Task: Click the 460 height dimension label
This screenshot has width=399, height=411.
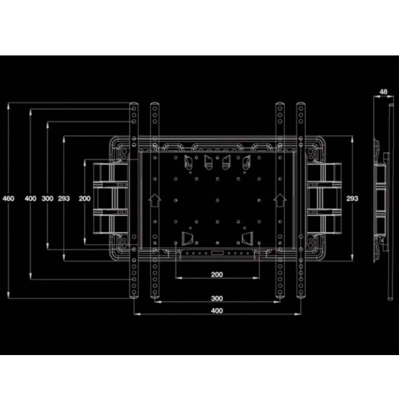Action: click(x=8, y=198)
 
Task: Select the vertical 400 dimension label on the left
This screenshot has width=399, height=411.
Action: click(x=30, y=198)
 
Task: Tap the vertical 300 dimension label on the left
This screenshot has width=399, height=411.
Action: click(x=47, y=198)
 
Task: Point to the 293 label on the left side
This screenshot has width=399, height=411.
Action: click(x=64, y=198)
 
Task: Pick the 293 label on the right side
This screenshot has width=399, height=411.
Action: click(x=352, y=198)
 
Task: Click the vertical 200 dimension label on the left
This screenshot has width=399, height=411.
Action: click(x=85, y=198)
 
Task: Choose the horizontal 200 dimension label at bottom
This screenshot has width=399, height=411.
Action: click(x=217, y=275)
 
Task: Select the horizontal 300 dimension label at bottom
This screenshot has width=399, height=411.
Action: click(x=217, y=298)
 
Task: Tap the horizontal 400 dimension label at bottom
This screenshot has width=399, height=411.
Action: click(x=217, y=311)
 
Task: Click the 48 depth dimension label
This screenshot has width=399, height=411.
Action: click(x=384, y=92)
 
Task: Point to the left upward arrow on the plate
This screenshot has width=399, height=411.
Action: click(x=155, y=200)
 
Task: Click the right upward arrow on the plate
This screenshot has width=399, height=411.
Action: click(x=280, y=200)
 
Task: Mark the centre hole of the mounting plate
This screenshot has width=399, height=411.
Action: click(x=217, y=200)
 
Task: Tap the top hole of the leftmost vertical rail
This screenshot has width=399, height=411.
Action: click(x=134, y=108)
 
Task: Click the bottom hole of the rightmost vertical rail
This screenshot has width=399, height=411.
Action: click(x=301, y=292)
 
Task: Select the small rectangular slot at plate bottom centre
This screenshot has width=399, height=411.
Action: click(x=217, y=253)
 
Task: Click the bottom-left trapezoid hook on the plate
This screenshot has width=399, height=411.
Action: click(x=187, y=238)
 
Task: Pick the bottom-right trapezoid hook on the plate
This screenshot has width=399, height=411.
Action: click(x=247, y=238)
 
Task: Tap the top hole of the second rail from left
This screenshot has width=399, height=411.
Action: click(x=155, y=108)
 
